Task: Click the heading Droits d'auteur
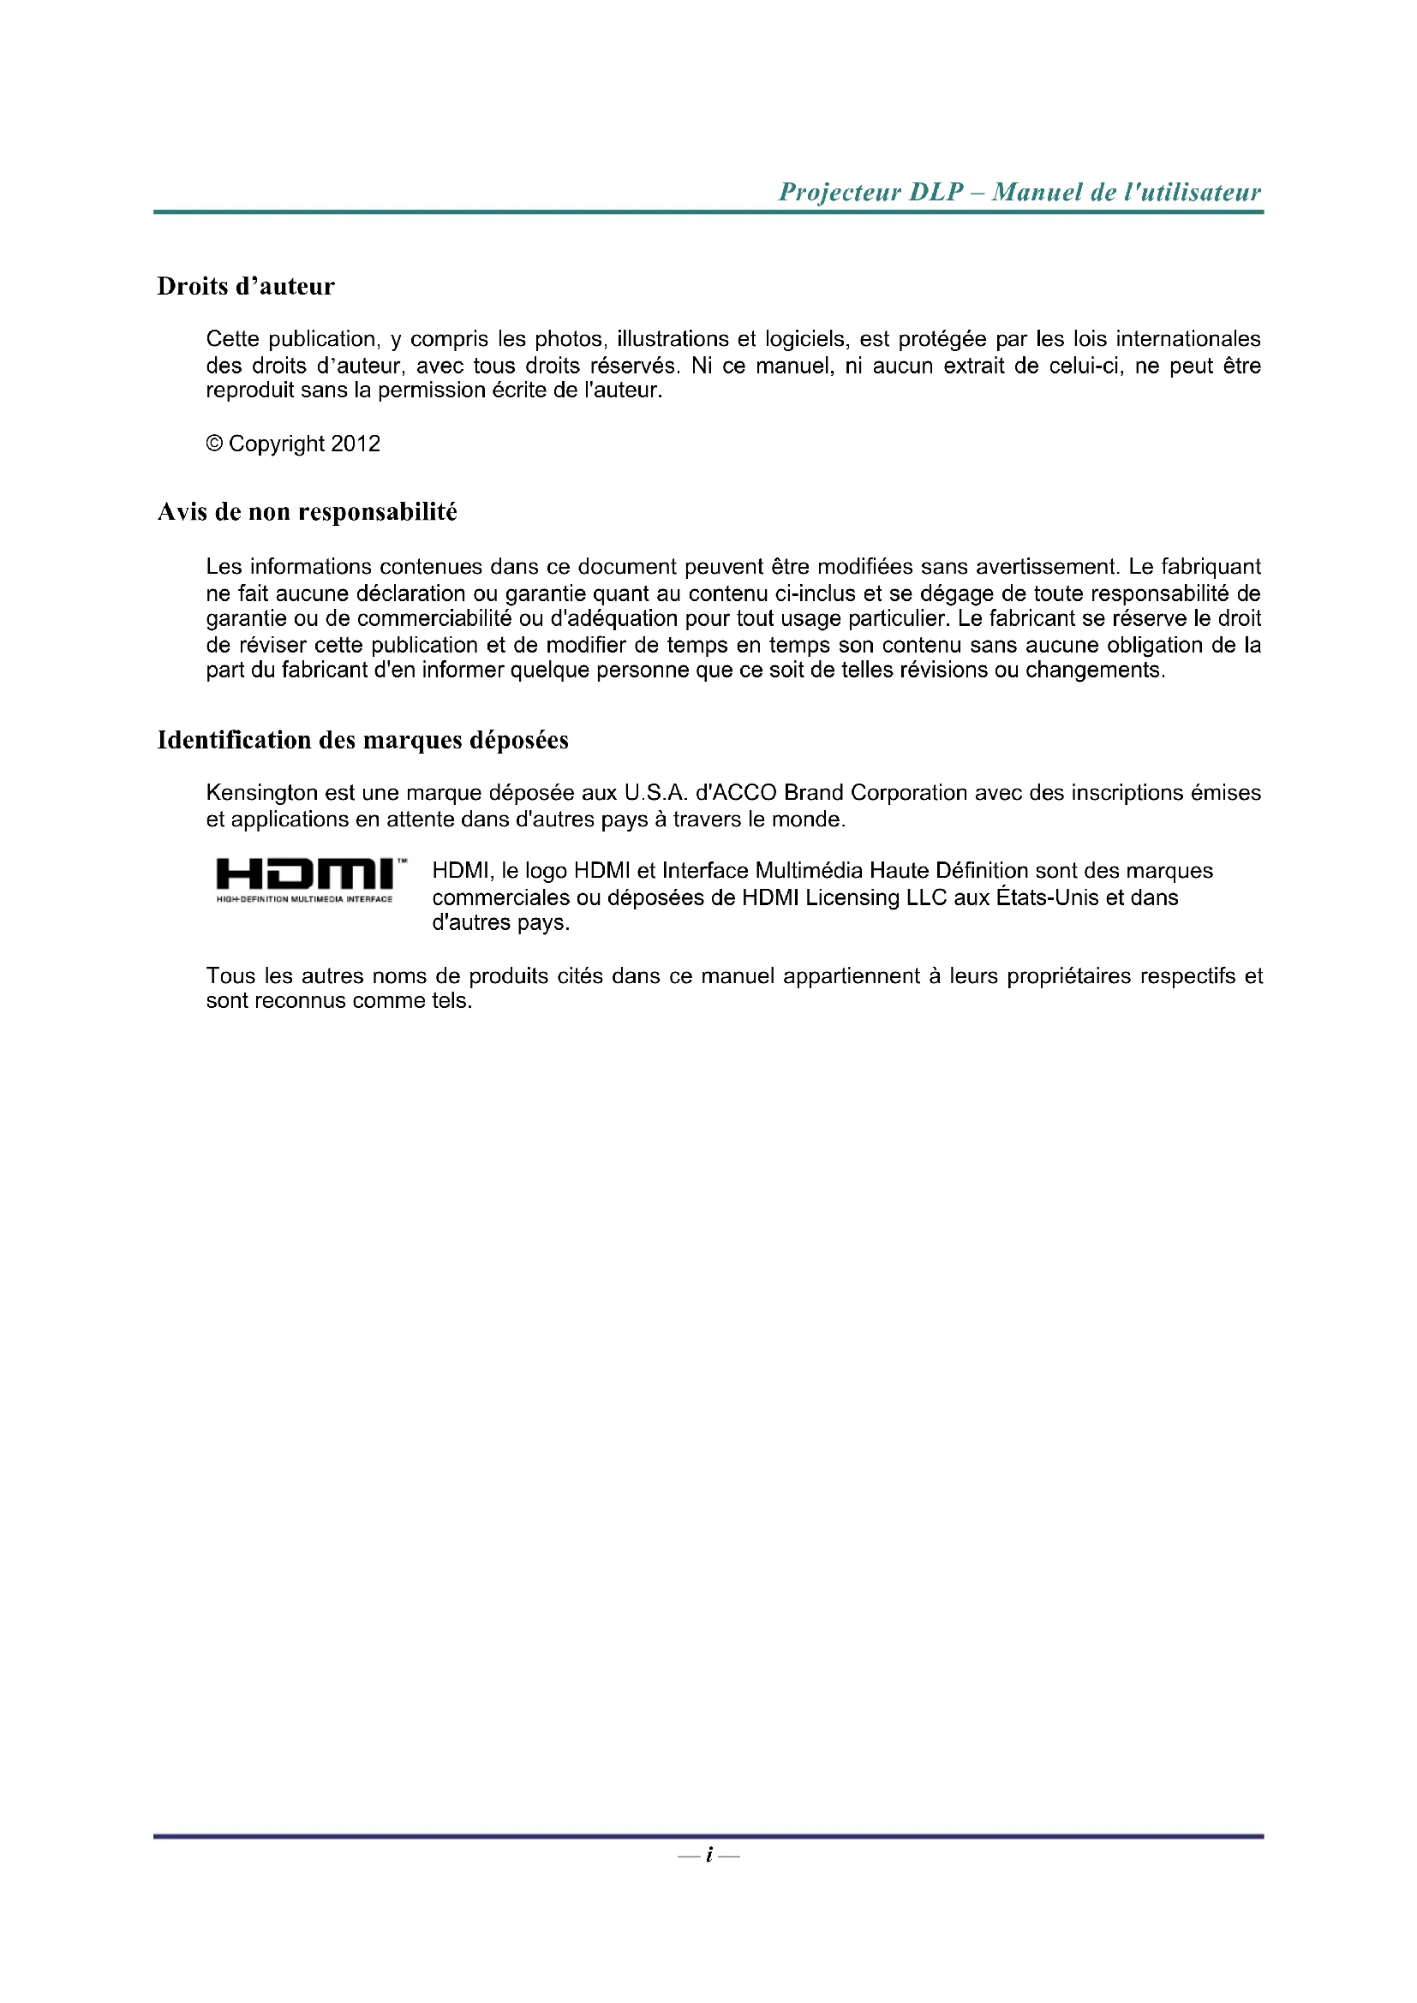click(245, 286)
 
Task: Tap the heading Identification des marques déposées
click(362, 740)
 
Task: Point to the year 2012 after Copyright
click(356, 444)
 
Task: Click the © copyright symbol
click(215, 444)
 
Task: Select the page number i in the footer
click(708, 1856)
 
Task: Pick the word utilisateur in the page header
click(1203, 192)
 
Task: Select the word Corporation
click(908, 793)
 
